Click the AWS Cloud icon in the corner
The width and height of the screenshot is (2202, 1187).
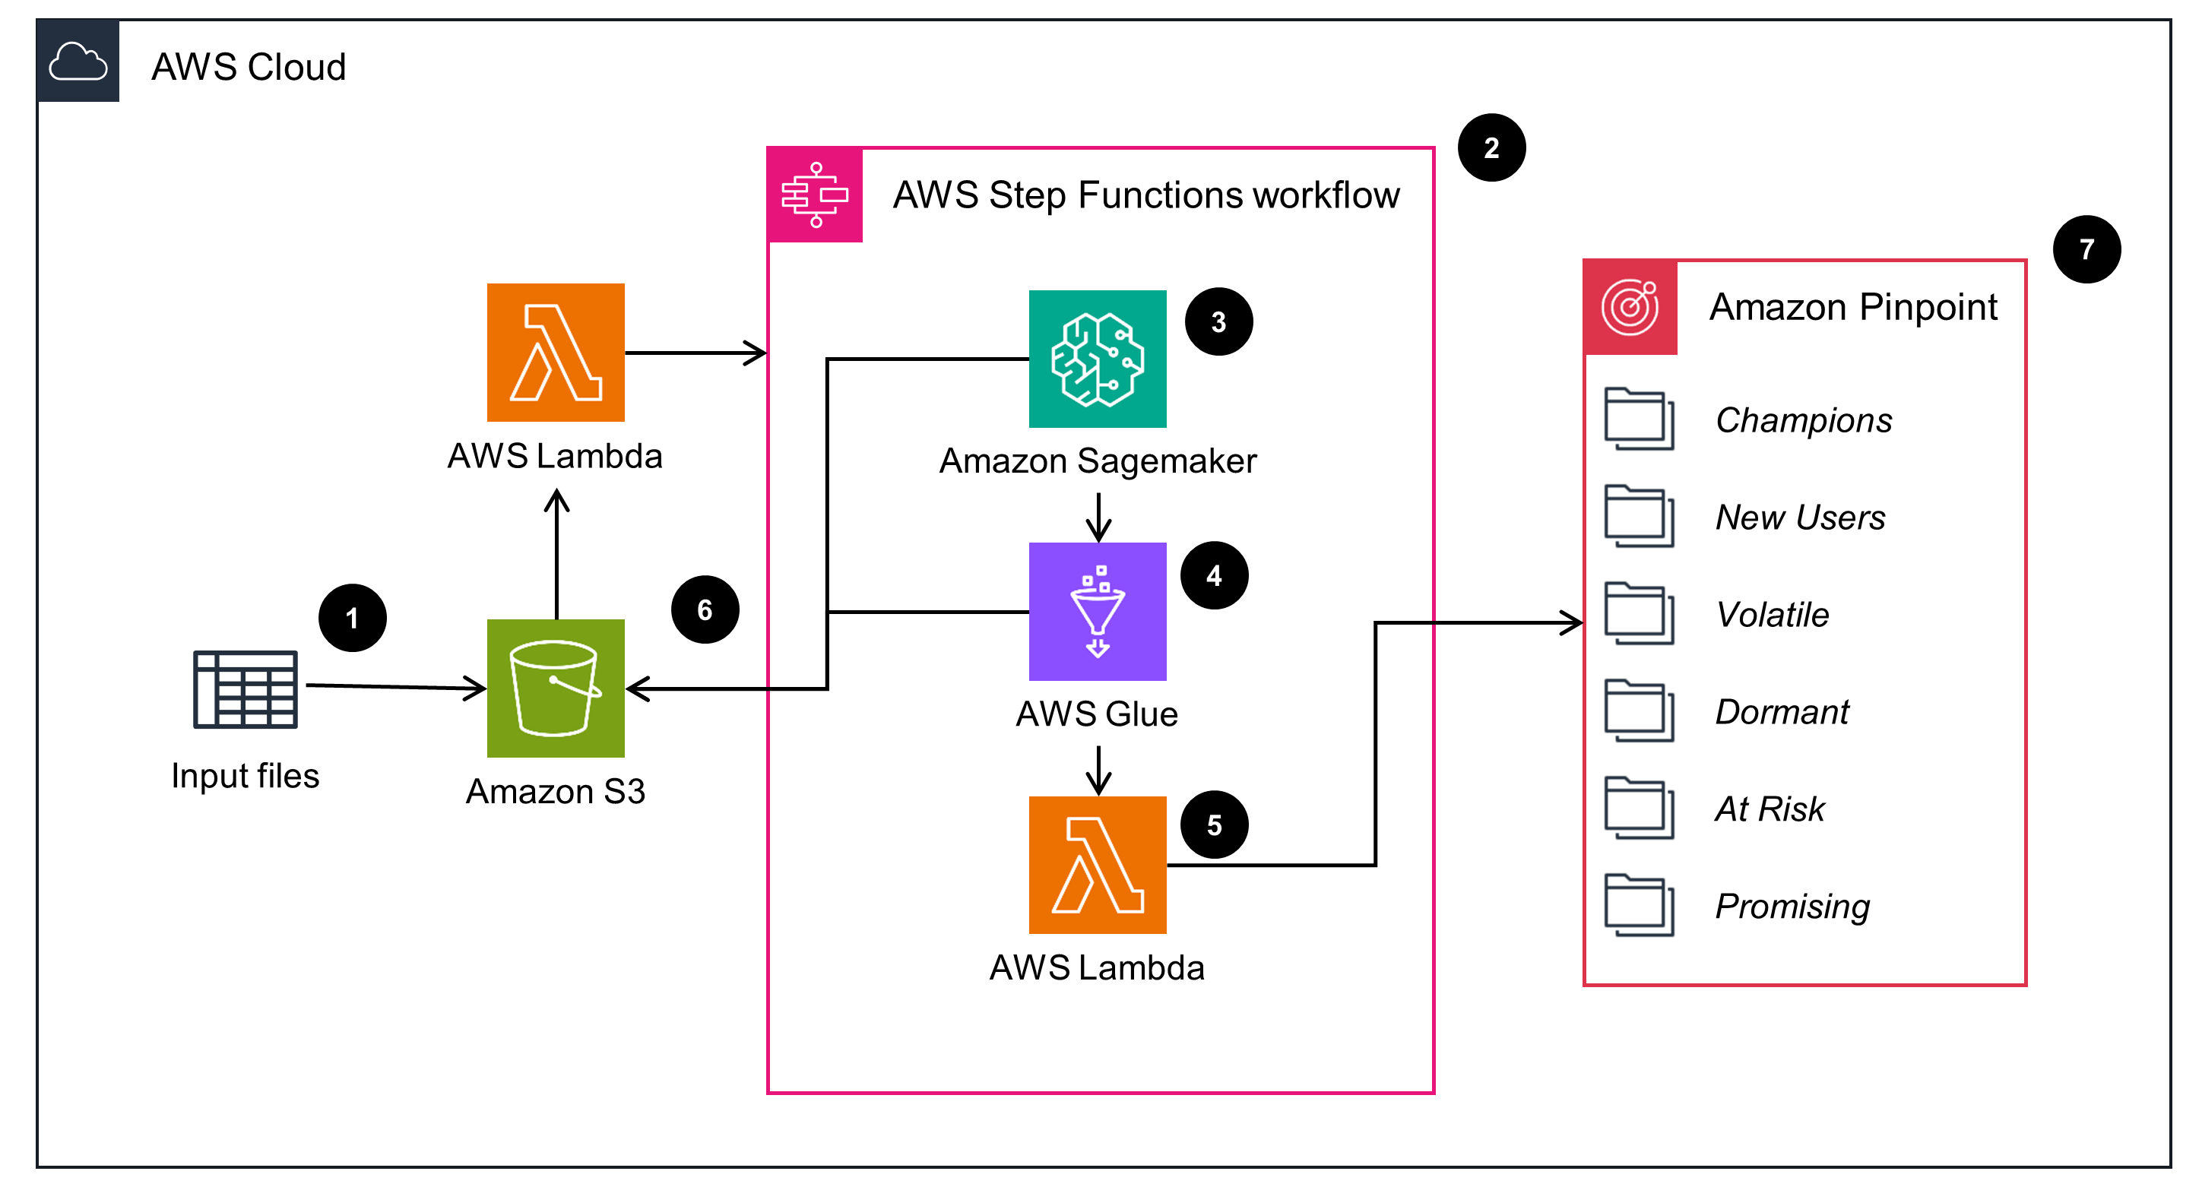[x=78, y=62]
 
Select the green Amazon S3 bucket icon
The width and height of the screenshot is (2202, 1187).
[x=556, y=688]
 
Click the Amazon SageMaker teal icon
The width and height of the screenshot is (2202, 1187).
[x=1098, y=359]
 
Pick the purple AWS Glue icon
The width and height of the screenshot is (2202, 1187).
[x=1098, y=611]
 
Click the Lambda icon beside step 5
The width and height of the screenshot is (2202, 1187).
[x=1098, y=865]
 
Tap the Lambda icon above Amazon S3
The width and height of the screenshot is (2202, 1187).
[x=556, y=352]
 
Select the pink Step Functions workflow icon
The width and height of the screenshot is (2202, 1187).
[x=815, y=195]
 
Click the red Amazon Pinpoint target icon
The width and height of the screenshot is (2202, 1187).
[x=1630, y=307]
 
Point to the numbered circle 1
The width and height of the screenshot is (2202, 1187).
[x=352, y=618]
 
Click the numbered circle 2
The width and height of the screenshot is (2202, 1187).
[x=1491, y=148]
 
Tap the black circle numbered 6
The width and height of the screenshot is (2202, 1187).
[x=705, y=609]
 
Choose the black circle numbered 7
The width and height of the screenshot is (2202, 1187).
[x=2086, y=249]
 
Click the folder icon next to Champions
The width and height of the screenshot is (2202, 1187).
[x=1639, y=419]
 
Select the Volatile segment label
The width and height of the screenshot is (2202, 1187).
[x=1772, y=615]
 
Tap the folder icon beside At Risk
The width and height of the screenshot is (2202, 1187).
[x=1639, y=808]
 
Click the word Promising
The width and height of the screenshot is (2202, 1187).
[x=1792, y=906]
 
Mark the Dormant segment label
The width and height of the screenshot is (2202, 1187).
[x=1782, y=712]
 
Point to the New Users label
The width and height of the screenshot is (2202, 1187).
[x=1800, y=517]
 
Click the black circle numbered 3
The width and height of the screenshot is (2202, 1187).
[x=1219, y=322]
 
